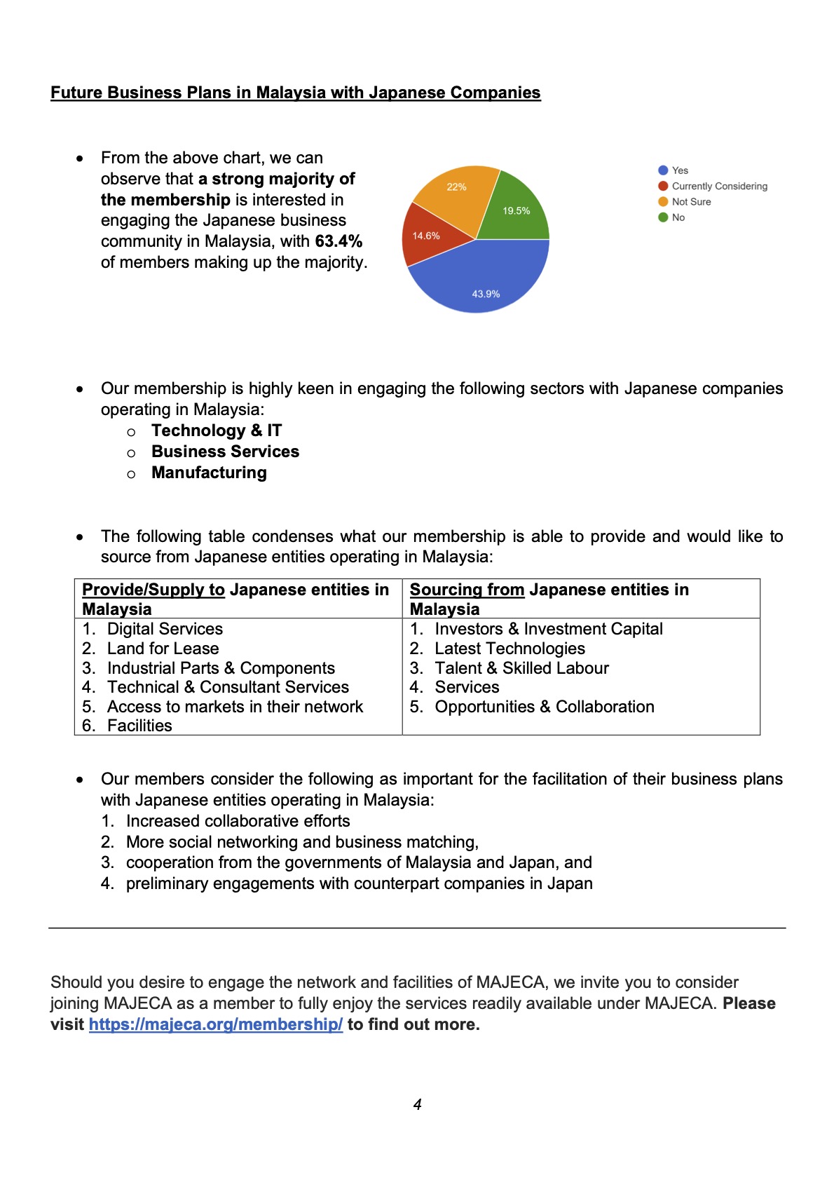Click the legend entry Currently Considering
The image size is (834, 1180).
(719, 187)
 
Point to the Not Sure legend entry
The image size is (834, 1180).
(691, 202)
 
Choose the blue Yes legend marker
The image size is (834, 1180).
(663, 170)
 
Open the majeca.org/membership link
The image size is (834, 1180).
(216, 1024)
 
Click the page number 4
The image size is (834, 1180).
(418, 1105)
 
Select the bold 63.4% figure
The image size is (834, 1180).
(339, 241)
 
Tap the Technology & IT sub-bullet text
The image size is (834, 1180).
(217, 430)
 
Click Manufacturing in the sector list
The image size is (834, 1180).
(209, 473)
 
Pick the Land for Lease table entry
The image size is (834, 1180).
(163, 649)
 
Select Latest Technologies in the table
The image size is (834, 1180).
(510, 649)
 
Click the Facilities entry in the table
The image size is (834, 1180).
(139, 726)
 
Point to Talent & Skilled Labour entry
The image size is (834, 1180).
(521, 668)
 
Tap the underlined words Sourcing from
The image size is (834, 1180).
(467, 590)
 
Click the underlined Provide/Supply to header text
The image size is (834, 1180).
(153, 590)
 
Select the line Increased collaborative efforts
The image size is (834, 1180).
(238, 821)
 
